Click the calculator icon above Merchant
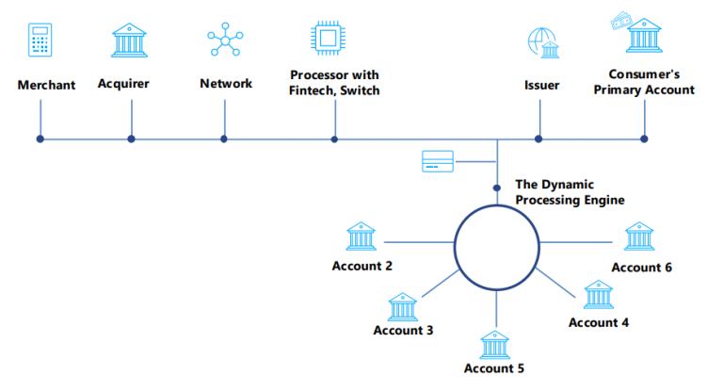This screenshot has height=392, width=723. pos(40,41)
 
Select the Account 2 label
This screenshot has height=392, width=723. pos(362,266)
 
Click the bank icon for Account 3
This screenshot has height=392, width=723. pos(403,306)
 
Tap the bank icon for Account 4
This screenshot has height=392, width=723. pos(598,295)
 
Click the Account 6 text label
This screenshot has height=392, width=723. pos(641,267)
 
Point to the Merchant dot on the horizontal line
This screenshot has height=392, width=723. pos(40,139)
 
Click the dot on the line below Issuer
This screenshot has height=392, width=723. pos(538,139)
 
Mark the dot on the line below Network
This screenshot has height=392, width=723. pos(224,139)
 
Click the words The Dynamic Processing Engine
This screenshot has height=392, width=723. pos(570,192)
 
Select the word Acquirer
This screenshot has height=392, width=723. pos(123,84)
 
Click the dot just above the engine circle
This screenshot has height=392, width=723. pos(497,188)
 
